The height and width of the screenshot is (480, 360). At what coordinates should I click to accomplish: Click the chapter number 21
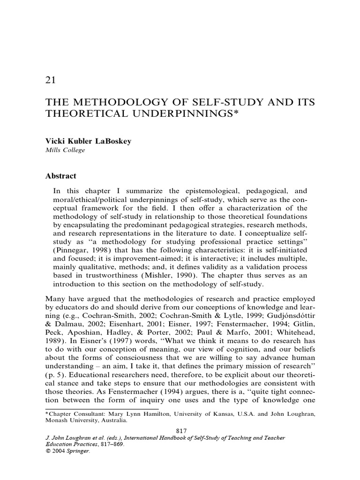tap(51, 81)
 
